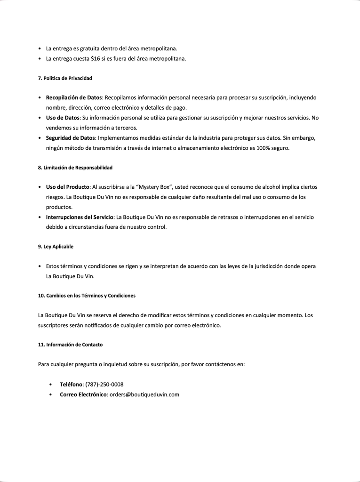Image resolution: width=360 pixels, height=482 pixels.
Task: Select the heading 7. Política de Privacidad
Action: [x=65, y=78]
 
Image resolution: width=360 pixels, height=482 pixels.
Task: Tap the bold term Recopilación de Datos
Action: [x=74, y=98]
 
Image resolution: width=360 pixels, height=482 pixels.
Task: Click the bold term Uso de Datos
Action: [x=63, y=118]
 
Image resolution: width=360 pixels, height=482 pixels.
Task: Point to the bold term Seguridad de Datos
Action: [x=71, y=138]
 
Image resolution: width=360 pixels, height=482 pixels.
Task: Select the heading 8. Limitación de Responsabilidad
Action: [x=75, y=168]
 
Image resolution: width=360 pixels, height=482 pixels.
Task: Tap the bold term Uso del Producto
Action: [x=68, y=187]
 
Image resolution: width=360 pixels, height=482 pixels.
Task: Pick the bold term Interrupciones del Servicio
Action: [x=80, y=217]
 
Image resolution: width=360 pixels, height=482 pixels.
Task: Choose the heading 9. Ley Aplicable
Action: [x=56, y=247]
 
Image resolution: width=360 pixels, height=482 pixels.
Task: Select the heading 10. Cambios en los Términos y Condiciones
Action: [x=87, y=296]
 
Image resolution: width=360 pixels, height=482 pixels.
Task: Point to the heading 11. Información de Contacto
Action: [x=70, y=345]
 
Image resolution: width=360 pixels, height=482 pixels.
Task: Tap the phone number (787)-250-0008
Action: [x=104, y=385]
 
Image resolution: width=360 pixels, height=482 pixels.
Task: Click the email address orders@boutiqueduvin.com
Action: [x=144, y=394]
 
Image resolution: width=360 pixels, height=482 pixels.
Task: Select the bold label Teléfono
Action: [x=71, y=385]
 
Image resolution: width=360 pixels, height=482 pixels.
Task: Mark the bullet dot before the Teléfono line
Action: [x=50, y=385]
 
